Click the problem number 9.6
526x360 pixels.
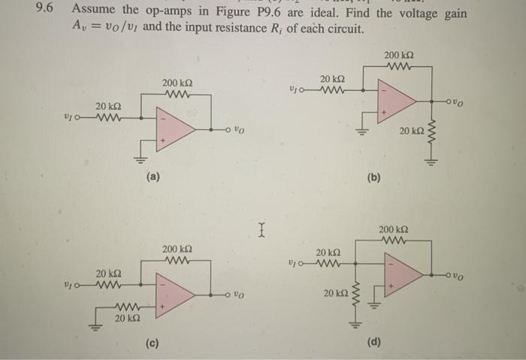click(x=46, y=12)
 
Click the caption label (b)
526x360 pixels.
click(x=373, y=178)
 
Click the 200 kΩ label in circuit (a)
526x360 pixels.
click(x=177, y=82)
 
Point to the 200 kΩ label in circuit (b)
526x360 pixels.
click(x=399, y=56)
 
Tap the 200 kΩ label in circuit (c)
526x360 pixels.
click(x=177, y=248)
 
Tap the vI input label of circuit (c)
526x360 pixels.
click(x=69, y=286)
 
